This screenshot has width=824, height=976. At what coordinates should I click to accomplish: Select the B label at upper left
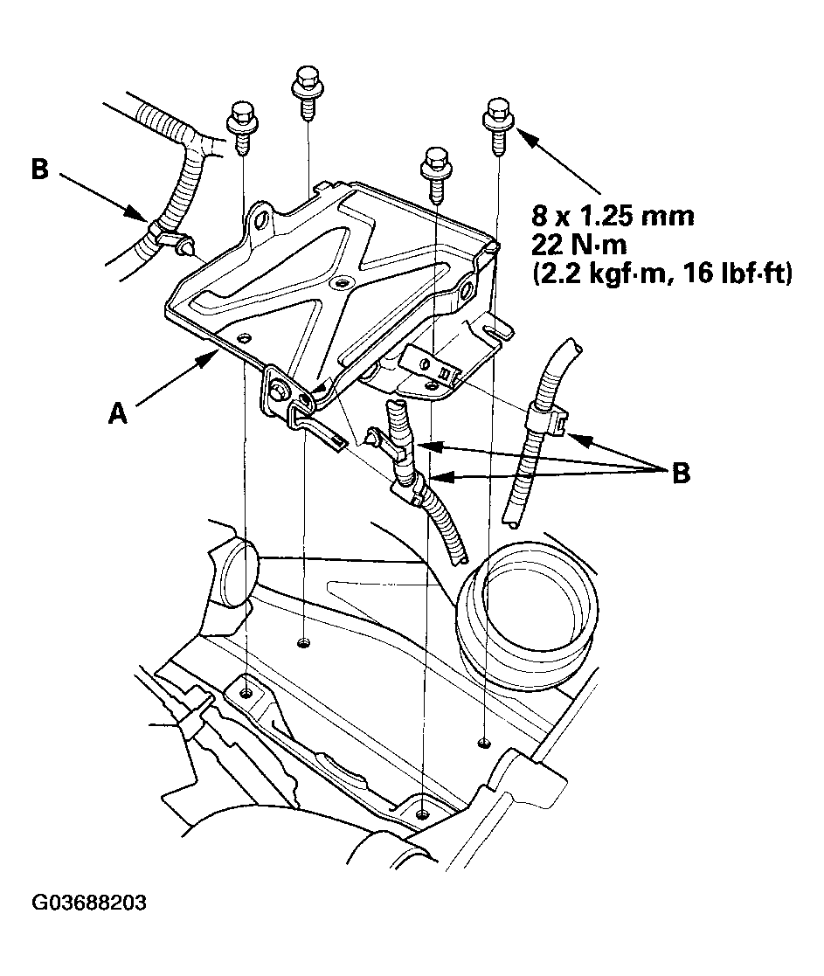click(x=39, y=169)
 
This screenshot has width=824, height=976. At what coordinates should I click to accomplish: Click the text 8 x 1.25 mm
click(x=612, y=215)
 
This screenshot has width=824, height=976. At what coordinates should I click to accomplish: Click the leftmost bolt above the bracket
click(x=240, y=128)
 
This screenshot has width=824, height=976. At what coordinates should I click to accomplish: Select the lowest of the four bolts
click(x=434, y=173)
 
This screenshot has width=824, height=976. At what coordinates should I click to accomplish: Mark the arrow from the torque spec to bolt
click(x=559, y=161)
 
